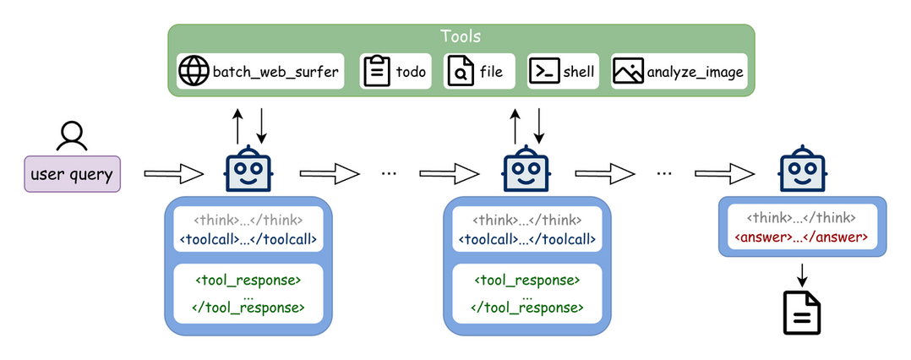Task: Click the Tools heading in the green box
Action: pyautogui.click(x=461, y=36)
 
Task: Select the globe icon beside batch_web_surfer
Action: pyautogui.click(x=194, y=72)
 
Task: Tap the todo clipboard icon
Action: pyautogui.click(x=376, y=72)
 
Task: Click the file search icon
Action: pyautogui.click(x=460, y=72)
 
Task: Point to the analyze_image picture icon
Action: pyautogui.click(x=628, y=72)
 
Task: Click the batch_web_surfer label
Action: pyautogui.click(x=275, y=72)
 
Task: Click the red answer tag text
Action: pyautogui.click(x=801, y=237)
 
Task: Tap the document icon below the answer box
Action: pyautogui.click(x=801, y=314)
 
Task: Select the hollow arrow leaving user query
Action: pyautogui.click(x=173, y=174)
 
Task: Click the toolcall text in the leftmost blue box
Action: pyautogui.click(x=248, y=238)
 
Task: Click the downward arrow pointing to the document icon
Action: pyautogui.click(x=801, y=273)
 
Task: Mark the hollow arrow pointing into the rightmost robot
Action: pyautogui.click(x=724, y=172)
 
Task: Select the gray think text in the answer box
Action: pyautogui.click(x=801, y=218)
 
